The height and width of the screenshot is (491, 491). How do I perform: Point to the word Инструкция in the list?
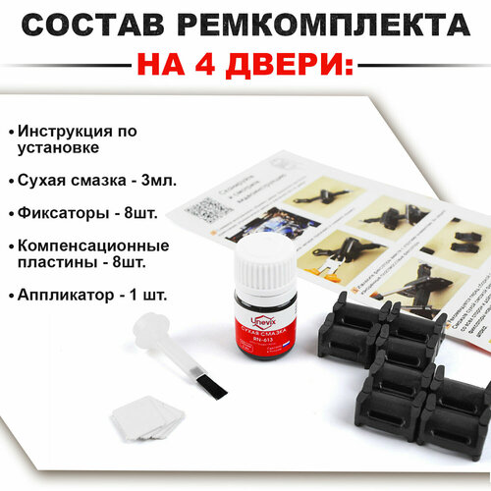click(x=75, y=131)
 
